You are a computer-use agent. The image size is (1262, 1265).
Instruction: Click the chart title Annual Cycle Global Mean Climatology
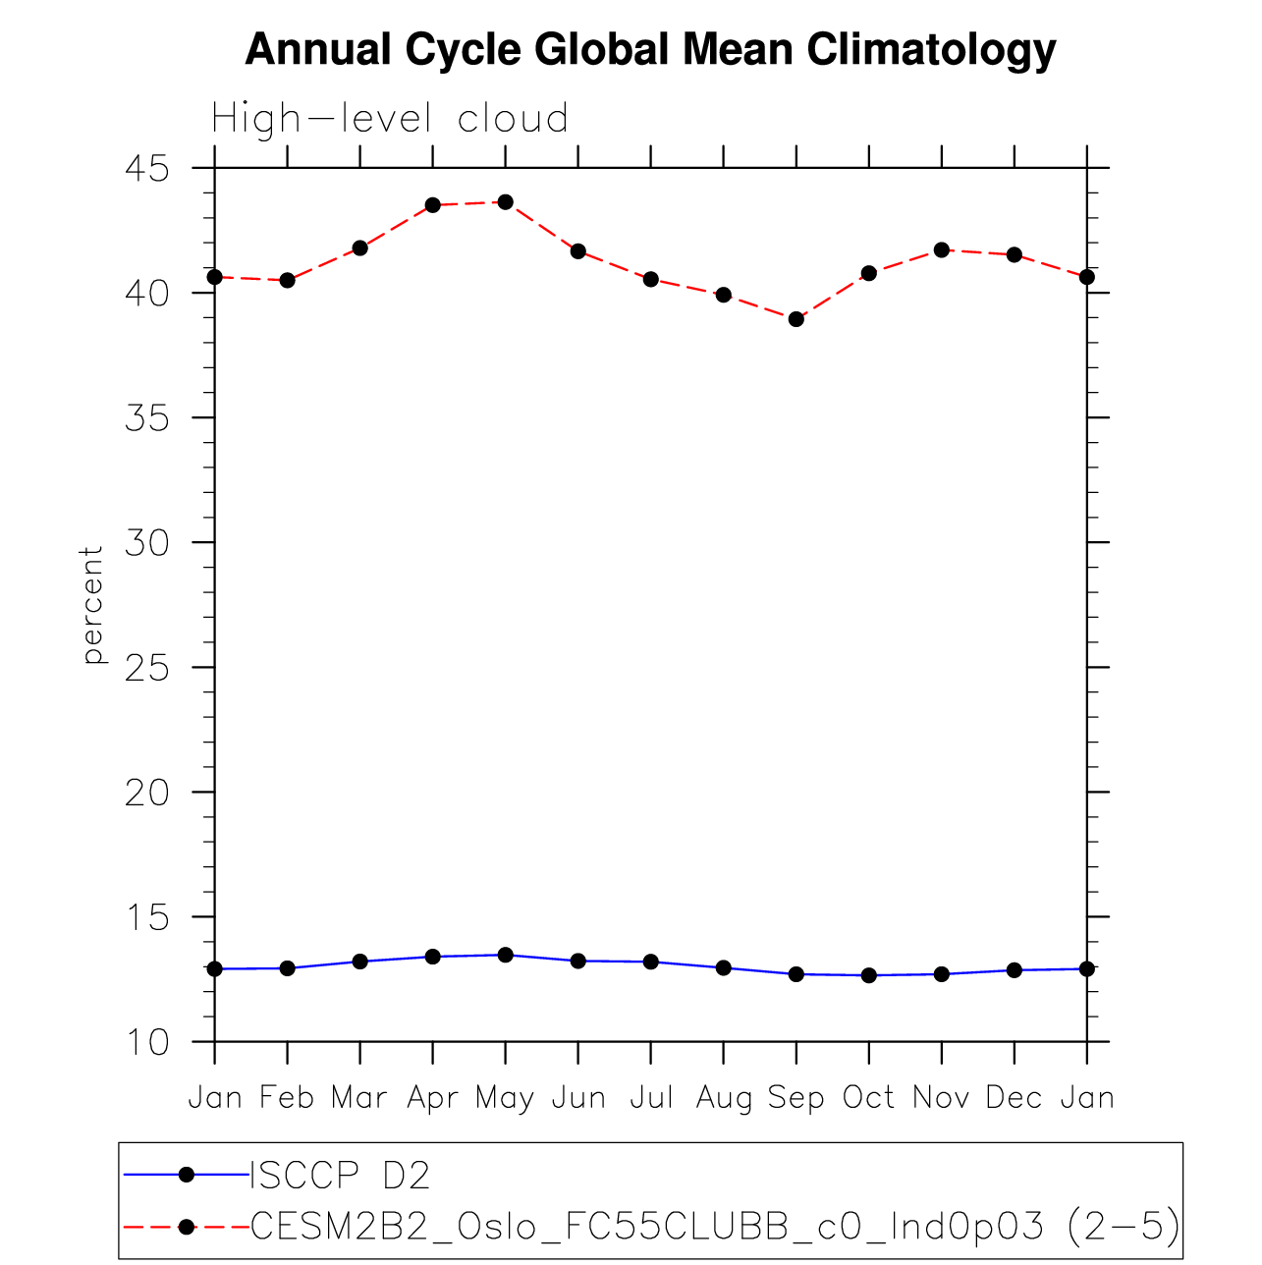(x=650, y=49)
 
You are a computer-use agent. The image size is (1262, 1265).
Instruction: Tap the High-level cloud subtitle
(x=390, y=119)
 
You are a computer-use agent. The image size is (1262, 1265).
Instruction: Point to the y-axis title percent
(x=92, y=605)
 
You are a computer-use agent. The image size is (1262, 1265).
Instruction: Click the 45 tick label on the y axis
(x=147, y=169)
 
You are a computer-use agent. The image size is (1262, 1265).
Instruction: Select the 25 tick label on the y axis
(x=147, y=668)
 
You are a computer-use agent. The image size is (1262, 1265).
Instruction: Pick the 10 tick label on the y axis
(x=147, y=1042)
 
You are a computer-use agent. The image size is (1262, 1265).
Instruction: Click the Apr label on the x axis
(x=432, y=1097)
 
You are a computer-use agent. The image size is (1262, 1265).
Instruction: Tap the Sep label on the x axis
(x=796, y=1097)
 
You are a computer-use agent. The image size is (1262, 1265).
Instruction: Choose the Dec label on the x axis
(x=1014, y=1097)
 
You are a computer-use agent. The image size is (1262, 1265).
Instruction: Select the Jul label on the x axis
(x=651, y=1097)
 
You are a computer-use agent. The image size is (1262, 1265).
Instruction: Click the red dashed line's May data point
(x=505, y=202)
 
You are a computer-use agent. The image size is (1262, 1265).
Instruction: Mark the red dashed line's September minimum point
(x=796, y=319)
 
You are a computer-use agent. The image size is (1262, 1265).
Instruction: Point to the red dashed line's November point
(x=941, y=249)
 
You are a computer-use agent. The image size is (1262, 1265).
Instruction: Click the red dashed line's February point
(x=287, y=280)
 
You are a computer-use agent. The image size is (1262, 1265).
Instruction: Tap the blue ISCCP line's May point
(x=505, y=955)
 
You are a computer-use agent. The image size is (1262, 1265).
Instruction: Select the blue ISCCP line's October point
(x=868, y=975)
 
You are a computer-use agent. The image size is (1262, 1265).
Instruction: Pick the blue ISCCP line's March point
(x=359, y=962)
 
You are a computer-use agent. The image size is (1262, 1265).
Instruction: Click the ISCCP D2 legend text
(x=340, y=1176)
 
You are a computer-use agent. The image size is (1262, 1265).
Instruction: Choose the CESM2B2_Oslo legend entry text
(x=715, y=1226)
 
